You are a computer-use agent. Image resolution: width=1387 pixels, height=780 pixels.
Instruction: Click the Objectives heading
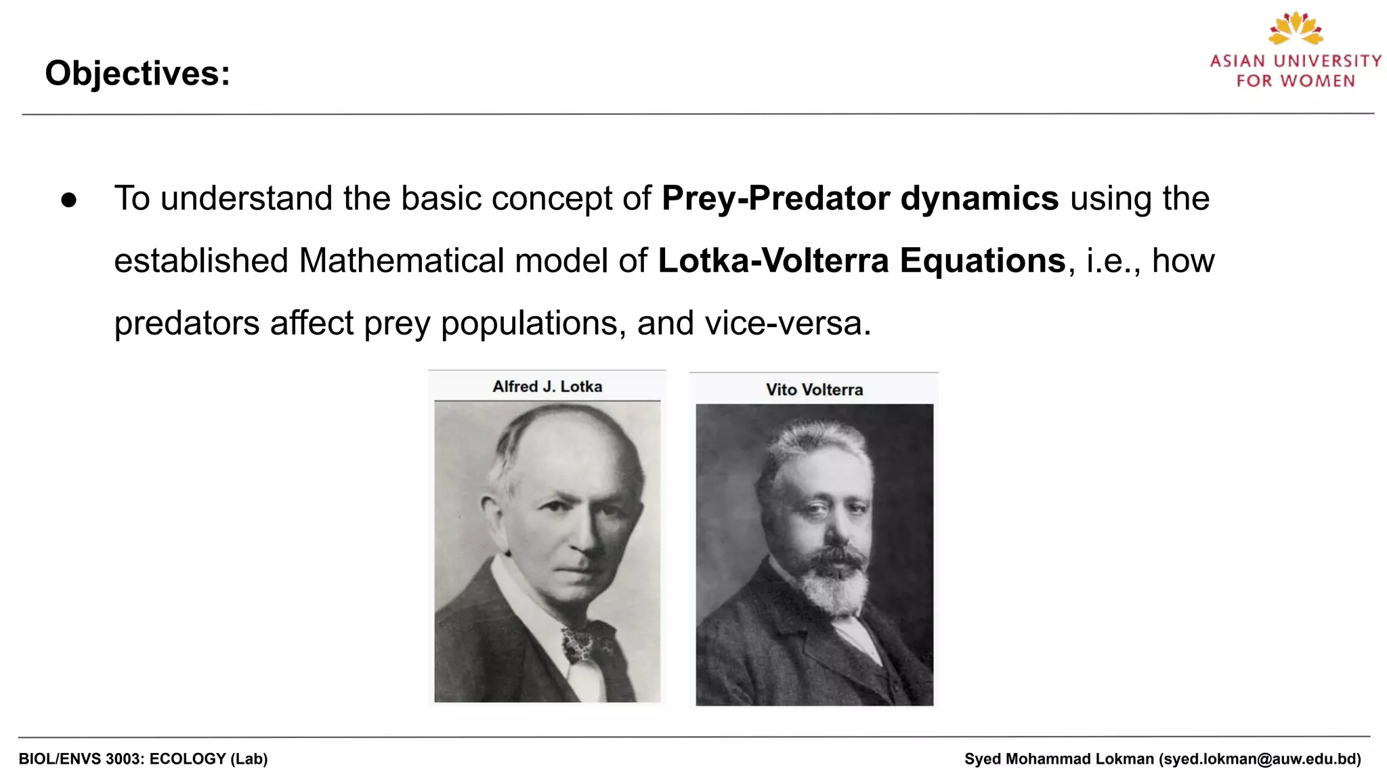click(x=137, y=73)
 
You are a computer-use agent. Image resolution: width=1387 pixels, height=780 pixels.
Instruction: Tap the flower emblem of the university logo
click(x=1296, y=28)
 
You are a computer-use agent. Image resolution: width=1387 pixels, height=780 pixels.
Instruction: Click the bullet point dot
click(x=68, y=200)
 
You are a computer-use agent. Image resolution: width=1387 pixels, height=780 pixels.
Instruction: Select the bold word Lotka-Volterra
click(x=773, y=261)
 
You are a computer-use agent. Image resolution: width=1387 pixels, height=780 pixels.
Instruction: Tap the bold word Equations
click(x=983, y=261)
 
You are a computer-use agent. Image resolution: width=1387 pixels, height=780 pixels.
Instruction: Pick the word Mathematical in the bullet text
click(x=402, y=261)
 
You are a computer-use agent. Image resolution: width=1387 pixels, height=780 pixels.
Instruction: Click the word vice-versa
click(x=788, y=323)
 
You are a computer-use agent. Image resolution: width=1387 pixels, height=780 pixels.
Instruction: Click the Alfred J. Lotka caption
click(x=547, y=387)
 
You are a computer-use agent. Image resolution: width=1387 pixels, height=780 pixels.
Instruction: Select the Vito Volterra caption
click(x=814, y=390)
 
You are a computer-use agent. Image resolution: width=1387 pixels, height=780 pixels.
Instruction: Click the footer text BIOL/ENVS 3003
click(x=81, y=759)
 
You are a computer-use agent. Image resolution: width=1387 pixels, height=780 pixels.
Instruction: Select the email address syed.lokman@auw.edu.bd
click(x=1260, y=759)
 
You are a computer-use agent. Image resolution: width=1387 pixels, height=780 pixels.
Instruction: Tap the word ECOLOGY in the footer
click(x=188, y=759)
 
